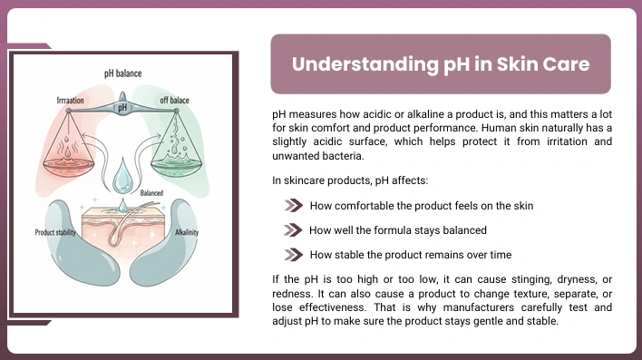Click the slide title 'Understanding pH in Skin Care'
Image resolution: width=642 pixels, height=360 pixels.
click(x=441, y=64)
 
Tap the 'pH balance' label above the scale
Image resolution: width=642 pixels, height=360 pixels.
click(x=122, y=73)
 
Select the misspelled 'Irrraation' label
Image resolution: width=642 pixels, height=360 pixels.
click(x=70, y=101)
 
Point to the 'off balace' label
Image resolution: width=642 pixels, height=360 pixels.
click(x=174, y=100)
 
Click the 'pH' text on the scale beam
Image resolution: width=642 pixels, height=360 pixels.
click(x=122, y=108)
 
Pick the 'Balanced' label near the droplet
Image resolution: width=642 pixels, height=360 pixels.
click(x=151, y=193)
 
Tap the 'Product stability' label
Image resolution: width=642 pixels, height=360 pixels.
click(x=55, y=233)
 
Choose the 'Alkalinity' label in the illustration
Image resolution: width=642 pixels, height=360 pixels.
click(x=187, y=232)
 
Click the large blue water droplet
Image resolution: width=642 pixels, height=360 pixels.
click(x=122, y=176)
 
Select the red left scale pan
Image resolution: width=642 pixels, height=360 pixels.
click(x=68, y=165)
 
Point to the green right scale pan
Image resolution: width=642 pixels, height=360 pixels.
click(x=176, y=166)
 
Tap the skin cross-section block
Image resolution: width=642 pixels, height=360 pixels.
click(x=122, y=229)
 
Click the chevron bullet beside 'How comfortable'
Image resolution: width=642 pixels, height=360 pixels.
click(x=294, y=206)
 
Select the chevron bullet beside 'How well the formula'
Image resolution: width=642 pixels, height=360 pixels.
click(x=293, y=230)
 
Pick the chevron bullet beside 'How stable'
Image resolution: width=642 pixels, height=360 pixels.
click(x=294, y=255)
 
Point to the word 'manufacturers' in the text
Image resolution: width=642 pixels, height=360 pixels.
click(x=479, y=307)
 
